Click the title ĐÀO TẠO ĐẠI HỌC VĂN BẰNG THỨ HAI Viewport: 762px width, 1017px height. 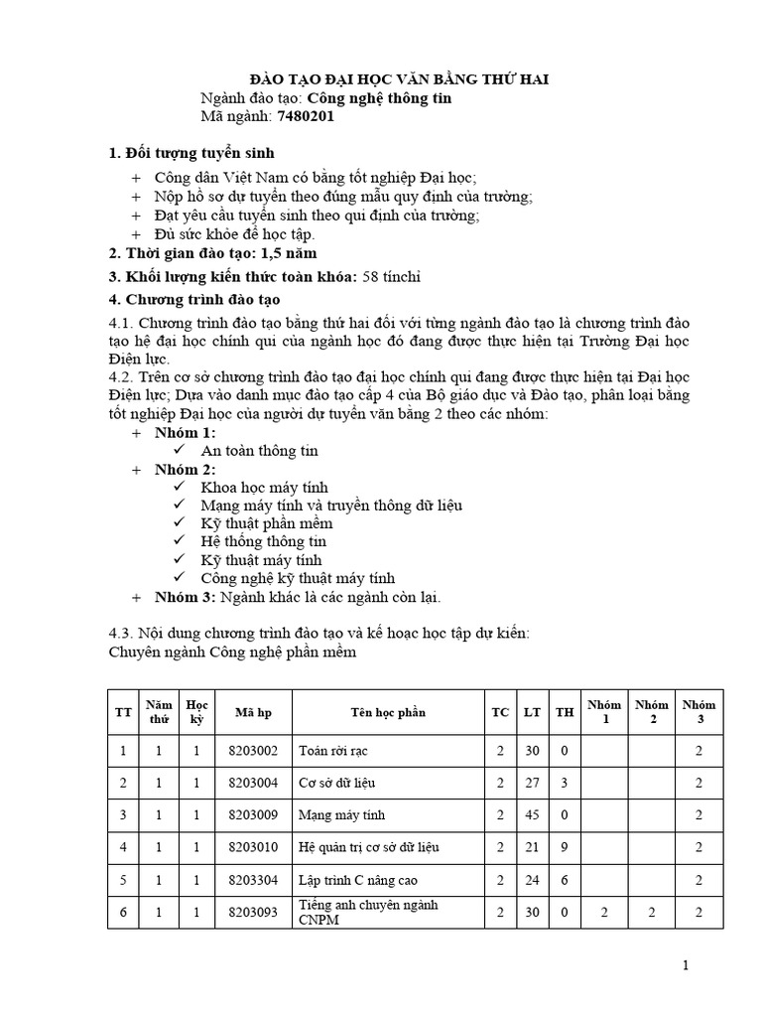398,79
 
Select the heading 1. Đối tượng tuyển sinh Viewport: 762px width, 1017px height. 190,153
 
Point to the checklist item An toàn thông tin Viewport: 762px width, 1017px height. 259,450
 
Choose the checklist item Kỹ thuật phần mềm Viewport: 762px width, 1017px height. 266,523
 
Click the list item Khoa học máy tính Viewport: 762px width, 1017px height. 264,487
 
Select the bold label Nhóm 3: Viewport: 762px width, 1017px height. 185,597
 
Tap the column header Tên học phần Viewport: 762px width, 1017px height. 387,712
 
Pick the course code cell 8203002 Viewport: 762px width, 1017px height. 253,752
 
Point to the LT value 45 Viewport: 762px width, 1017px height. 532,815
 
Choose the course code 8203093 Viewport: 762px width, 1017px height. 253,912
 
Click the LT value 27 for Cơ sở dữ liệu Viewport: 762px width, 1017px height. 532,784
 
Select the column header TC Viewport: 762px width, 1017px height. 500,712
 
